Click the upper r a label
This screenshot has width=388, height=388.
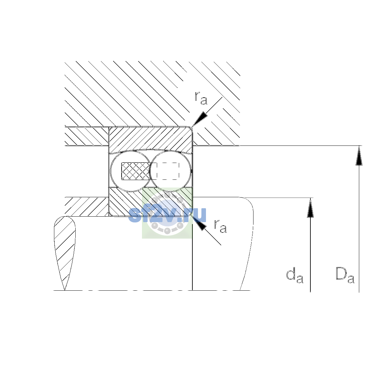[x=201, y=98]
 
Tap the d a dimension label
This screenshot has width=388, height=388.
[x=295, y=275]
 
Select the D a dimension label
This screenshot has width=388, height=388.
[x=345, y=275]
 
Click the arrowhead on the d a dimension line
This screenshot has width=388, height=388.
[x=310, y=207]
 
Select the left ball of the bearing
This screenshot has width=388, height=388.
[x=131, y=171]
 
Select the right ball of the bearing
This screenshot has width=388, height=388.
[x=170, y=171]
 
